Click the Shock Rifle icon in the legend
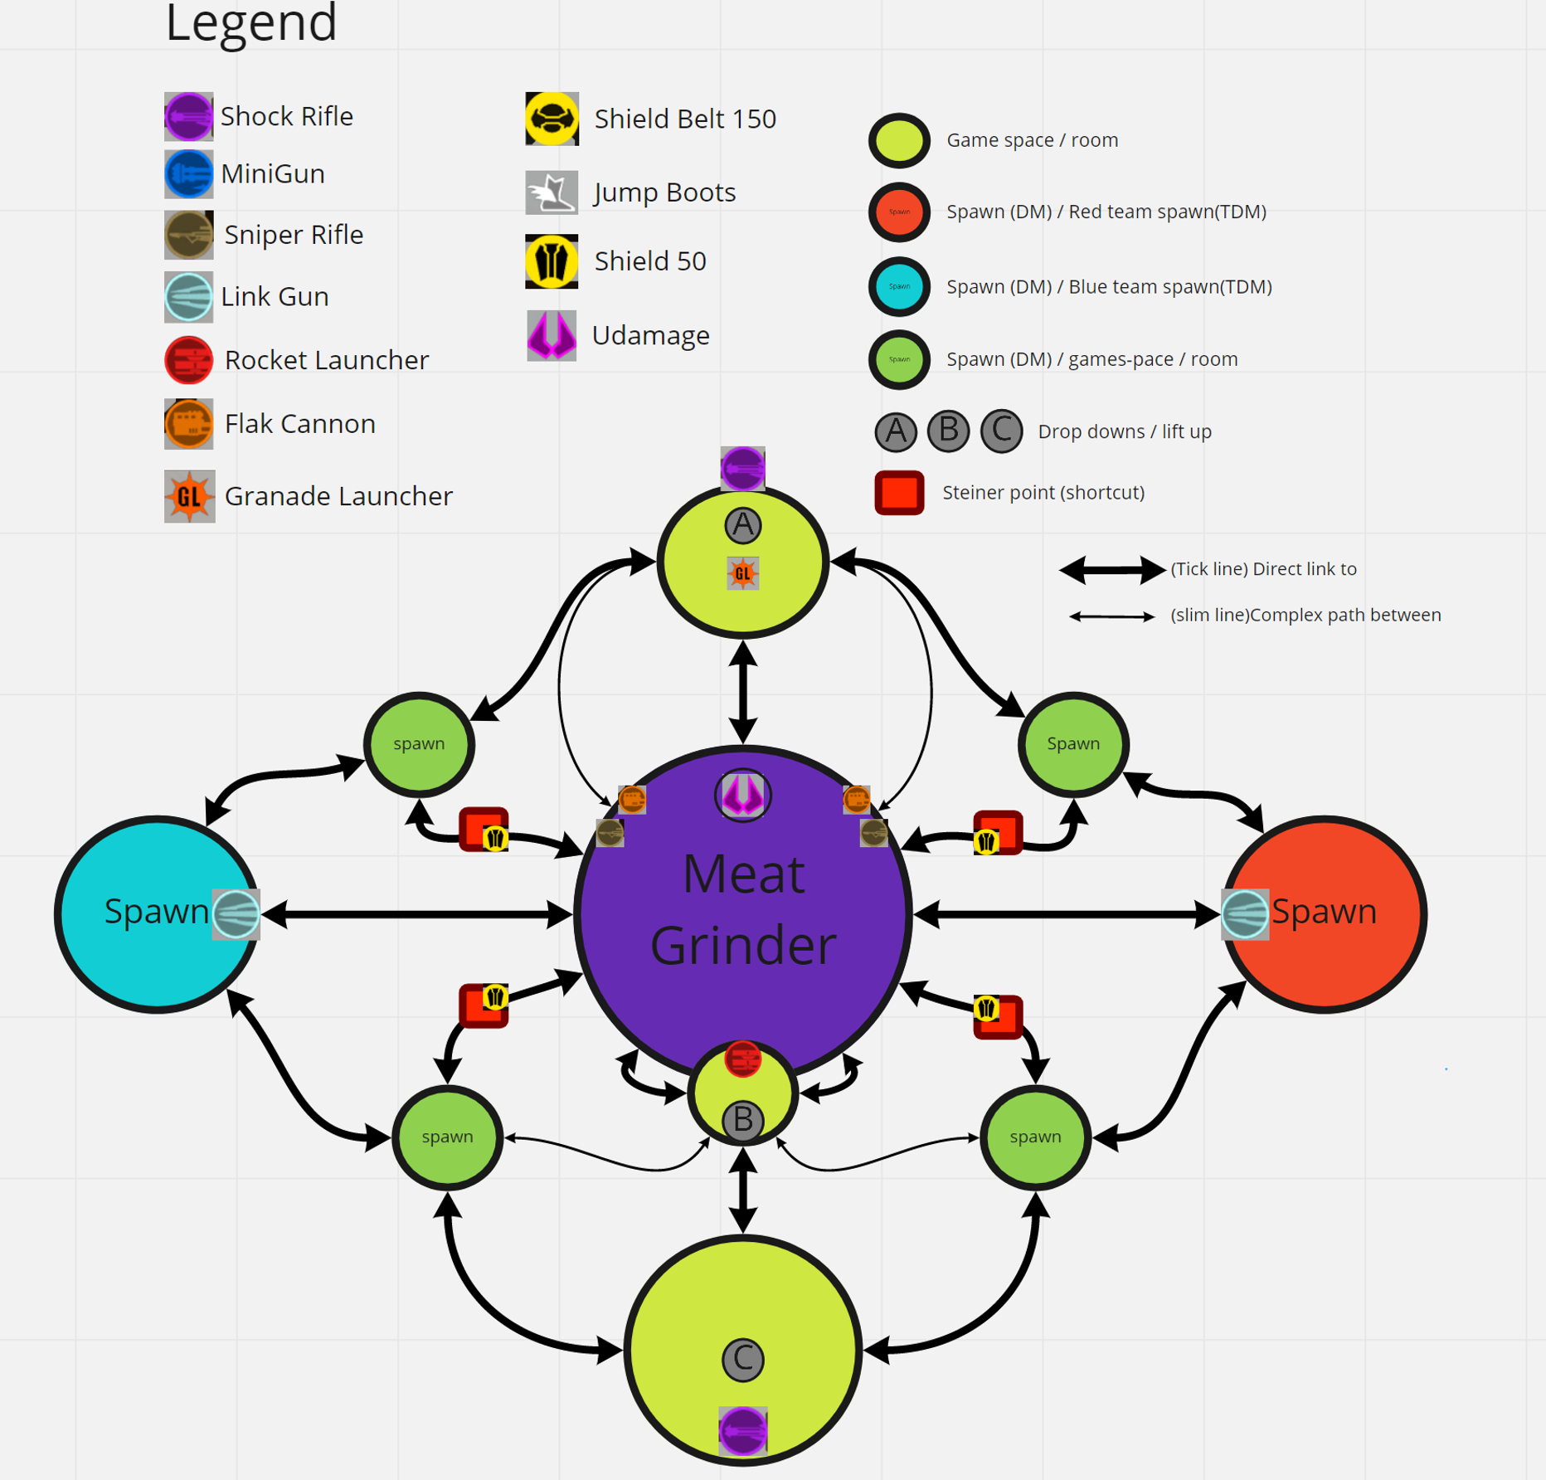(x=188, y=116)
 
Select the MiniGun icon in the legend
(x=188, y=174)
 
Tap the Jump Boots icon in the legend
(x=552, y=192)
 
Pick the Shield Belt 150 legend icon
(x=552, y=119)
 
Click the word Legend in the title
(x=251, y=22)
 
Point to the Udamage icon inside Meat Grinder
(x=742, y=795)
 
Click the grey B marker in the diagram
(x=742, y=1121)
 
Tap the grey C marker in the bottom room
(x=742, y=1359)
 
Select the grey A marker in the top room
(x=742, y=524)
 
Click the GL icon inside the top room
(x=742, y=573)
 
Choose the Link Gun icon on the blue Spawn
(x=236, y=914)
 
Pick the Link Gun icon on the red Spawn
(x=1245, y=914)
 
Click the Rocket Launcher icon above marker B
(x=742, y=1059)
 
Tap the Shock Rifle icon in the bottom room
(x=742, y=1431)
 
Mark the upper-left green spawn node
(x=419, y=743)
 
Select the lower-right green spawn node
(x=1035, y=1137)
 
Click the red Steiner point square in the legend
(x=899, y=493)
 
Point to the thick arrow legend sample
(x=1112, y=570)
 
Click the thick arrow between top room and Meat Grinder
(x=742, y=692)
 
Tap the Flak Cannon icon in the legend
(x=188, y=424)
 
